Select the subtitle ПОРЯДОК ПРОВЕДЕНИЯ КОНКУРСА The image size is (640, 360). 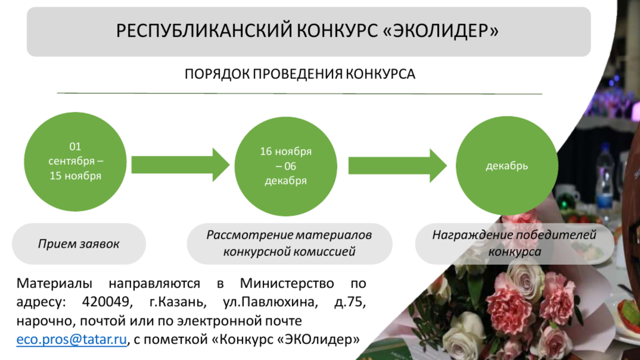point(300,74)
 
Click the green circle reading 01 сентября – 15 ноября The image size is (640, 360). point(75,162)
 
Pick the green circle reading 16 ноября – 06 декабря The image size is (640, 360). point(286,166)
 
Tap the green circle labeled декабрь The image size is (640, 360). point(507,166)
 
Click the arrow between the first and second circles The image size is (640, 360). point(180,165)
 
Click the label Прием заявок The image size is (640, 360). point(79,244)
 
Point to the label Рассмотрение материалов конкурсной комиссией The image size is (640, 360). point(289,243)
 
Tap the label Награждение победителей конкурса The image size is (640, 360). point(514,243)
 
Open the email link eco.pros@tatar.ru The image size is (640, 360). point(72,339)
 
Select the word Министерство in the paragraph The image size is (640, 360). point(287,283)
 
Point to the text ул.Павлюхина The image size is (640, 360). point(270,302)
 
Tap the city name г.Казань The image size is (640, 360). point(178,302)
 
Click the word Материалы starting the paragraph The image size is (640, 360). point(54,283)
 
